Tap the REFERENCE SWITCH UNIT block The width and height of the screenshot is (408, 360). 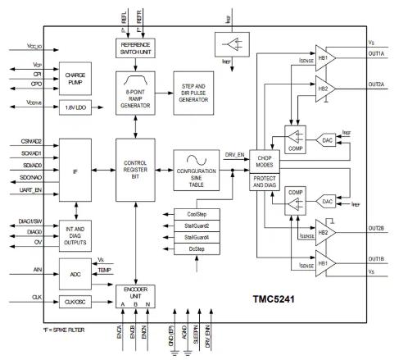[138, 48]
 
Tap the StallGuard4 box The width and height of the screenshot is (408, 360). [197, 237]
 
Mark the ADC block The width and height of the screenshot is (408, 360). [75, 274]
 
